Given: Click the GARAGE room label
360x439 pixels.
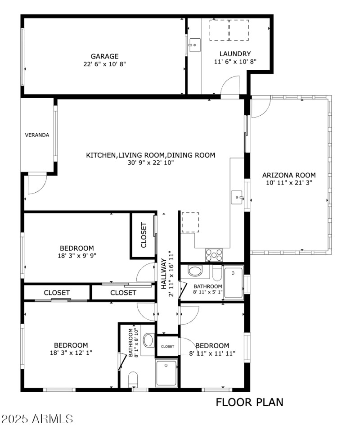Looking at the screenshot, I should [x=104, y=56].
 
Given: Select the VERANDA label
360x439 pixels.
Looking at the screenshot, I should [x=37, y=135].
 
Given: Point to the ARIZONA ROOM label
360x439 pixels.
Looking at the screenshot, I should [x=288, y=175].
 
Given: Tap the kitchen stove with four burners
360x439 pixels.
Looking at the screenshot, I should [x=214, y=255].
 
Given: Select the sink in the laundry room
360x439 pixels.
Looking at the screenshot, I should [x=194, y=45].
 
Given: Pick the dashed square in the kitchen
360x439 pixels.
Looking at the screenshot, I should [x=190, y=222].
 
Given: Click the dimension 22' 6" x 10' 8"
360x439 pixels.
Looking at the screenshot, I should [x=104, y=64].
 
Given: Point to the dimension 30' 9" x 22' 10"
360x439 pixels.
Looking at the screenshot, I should [x=150, y=163].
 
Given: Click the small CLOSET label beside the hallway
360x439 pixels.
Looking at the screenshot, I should [x=167, y=346].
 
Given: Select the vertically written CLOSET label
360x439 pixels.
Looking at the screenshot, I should [x=144, y=235].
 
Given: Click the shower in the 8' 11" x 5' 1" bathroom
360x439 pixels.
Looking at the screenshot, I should [x=233, y=282].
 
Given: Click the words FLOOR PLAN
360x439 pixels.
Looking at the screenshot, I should [x=250, y=402].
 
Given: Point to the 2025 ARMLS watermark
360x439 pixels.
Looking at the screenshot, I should [x=37, y=419].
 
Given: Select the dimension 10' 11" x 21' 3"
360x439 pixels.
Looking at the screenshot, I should [x=288, y=183].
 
